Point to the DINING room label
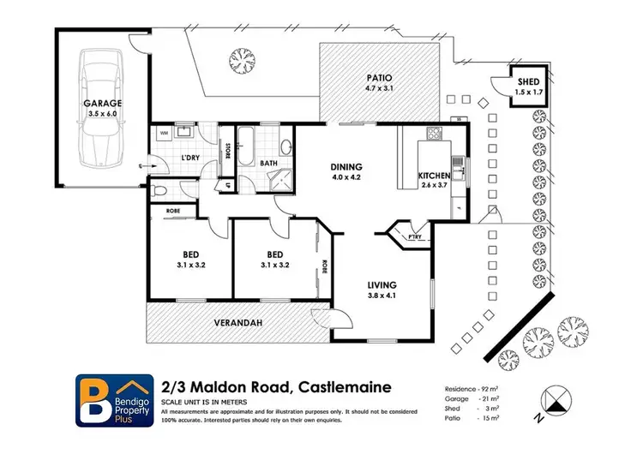(347, 166)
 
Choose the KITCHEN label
(433, 176)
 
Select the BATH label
(268, 163)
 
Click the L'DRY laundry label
(190, 158)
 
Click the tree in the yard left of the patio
(242, 59)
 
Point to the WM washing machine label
(164, 133)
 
